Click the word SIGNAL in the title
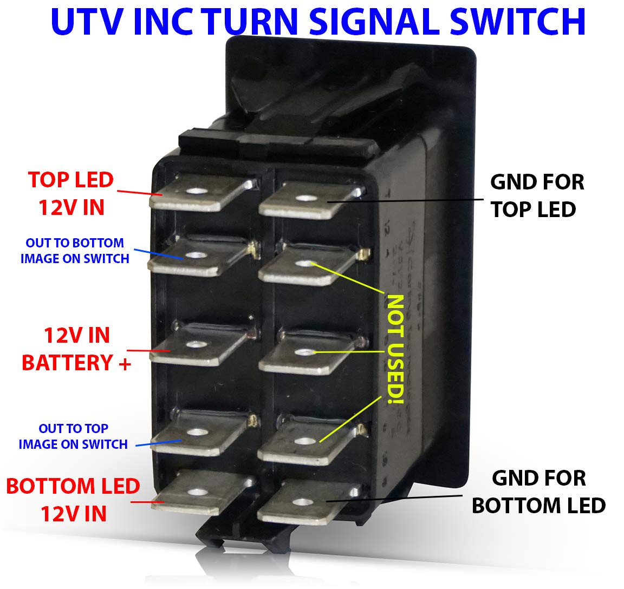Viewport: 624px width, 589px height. (x=375, y=21)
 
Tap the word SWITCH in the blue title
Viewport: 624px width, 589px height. (x=518, y=21)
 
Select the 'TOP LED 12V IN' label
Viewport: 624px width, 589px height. (x=71, y=194)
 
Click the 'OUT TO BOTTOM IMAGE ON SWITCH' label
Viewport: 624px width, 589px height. (x=75, y=251)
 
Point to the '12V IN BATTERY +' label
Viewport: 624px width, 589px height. (x=76, y=349)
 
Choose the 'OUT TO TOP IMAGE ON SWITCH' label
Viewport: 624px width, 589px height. (x=73, y=436)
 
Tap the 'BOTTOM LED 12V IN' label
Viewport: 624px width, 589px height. (x=73, y=500)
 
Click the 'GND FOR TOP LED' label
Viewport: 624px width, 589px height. (x=537, y=195)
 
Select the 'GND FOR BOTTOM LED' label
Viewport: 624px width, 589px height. (x=538, y=492)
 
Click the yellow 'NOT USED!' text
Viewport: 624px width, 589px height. (x=395, y=349)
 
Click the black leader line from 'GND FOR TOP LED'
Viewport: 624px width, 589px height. (x=405, y=201)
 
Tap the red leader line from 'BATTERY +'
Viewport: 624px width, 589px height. (x=148, y=351)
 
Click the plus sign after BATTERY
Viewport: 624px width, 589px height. (x=125, y=363)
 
